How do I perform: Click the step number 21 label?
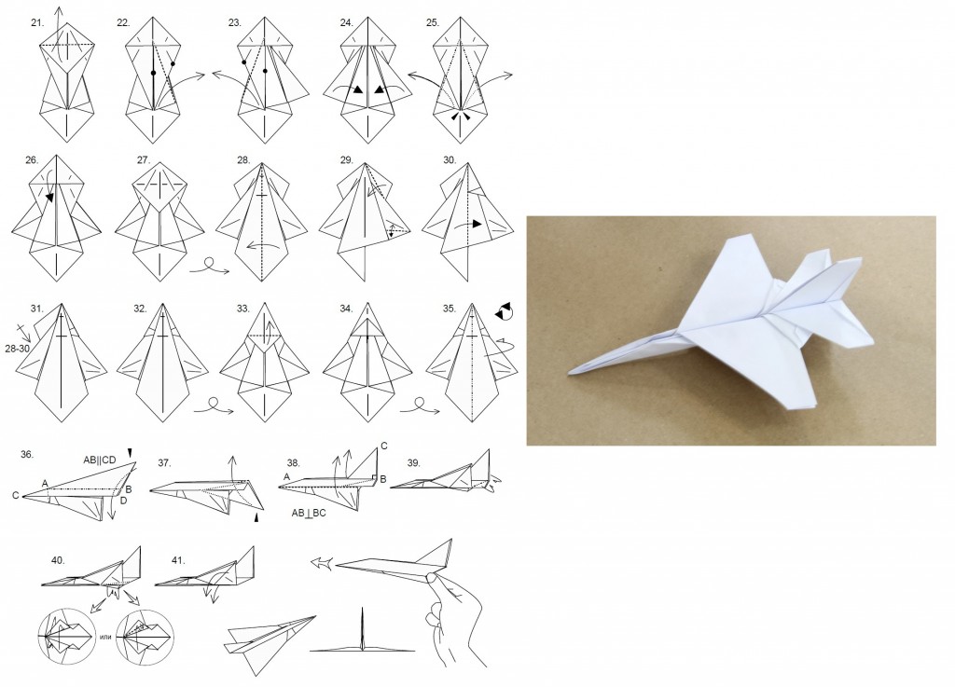click(37, 22)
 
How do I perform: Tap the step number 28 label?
click(243, 160)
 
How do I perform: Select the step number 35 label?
click(450, 309)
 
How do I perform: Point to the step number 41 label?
click(178, 560)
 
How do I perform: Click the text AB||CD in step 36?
click(99, 460)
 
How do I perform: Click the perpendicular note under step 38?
click(308, 513)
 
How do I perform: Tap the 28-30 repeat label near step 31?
click(17, 349)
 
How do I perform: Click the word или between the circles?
click(105, 637)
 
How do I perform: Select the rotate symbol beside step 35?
click(504, 311)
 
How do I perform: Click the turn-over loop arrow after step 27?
click(209, 267)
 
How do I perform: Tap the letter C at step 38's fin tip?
click(383, 446)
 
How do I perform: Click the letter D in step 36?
click(124, 501)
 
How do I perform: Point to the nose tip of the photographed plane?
click(569, 372)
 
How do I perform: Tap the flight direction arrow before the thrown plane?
click(322, 564)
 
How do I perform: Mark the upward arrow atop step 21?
click(59, 34)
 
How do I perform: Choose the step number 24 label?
click(347, 22)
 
